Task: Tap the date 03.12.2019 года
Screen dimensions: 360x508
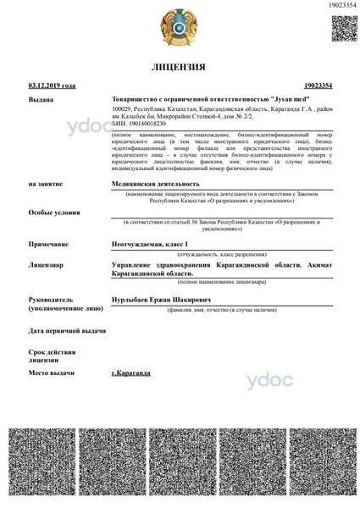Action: (x=52, y=86)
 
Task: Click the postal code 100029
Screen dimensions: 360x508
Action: (x=124, y=109)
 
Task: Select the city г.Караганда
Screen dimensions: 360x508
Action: (x=130, y=373)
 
